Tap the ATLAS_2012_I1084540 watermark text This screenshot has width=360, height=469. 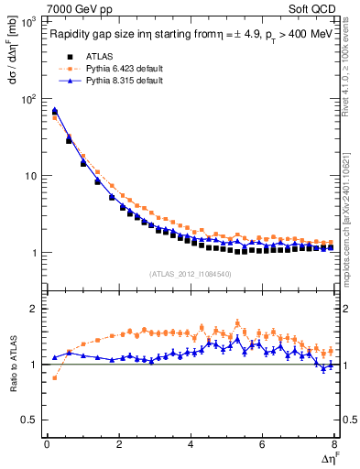tap(190, 273)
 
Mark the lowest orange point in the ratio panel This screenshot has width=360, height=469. tap(54, 377)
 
